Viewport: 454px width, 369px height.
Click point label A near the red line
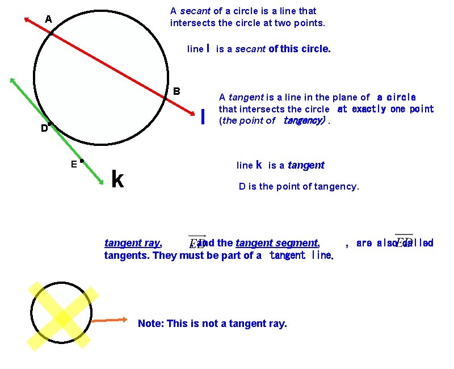(49, 19)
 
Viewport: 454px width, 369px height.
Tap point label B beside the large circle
(176, 91)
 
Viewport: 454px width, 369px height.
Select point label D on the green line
(44, 128)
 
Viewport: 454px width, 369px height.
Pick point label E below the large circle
(74, 165)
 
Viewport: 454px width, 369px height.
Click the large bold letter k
(117, 179)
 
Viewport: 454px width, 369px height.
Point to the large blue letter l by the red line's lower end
(203, 116)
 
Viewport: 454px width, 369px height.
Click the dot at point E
(82, 161)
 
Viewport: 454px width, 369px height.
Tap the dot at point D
(50, 124)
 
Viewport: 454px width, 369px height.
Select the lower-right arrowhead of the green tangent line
(100, 181)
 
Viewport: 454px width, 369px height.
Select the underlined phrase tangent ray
(133, 243)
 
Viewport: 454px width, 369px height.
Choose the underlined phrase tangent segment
(277, 243)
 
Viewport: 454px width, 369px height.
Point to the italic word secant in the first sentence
(196, 11)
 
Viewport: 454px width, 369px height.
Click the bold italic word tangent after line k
(306, 165)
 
